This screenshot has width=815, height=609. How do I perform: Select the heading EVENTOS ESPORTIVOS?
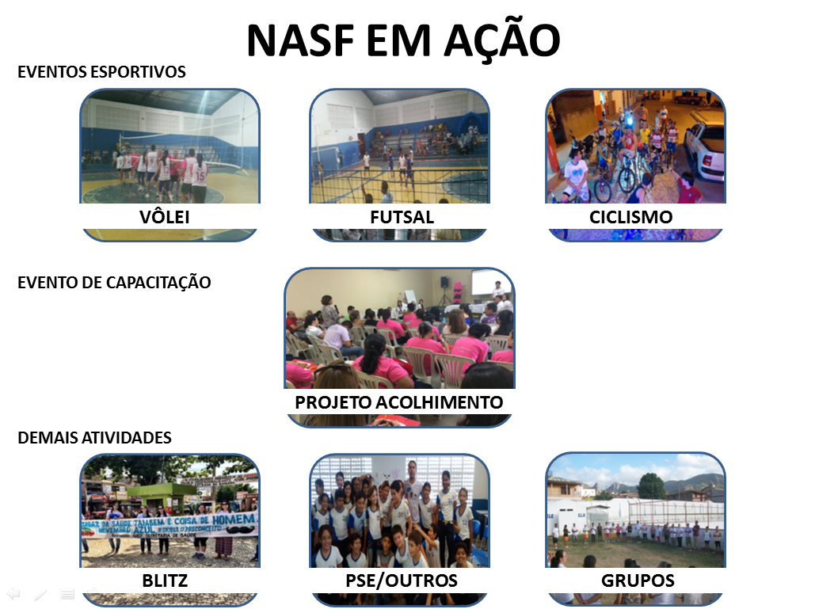[x=101, y=72]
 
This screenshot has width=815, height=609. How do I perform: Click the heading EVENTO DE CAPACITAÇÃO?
[x=114, y=282]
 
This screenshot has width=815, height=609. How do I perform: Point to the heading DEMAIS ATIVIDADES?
[x=94, y=437]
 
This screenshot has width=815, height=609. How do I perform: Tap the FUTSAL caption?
[x=402, y=216]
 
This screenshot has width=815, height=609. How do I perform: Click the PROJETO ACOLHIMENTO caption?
[x=398, y=402]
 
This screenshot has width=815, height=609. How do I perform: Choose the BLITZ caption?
[x=165, y=580]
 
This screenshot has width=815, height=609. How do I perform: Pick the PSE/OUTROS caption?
[x=402, y=580]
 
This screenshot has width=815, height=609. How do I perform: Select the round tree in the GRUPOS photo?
[x=651, y=485]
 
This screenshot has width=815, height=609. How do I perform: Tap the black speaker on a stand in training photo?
[x=445, y=284]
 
